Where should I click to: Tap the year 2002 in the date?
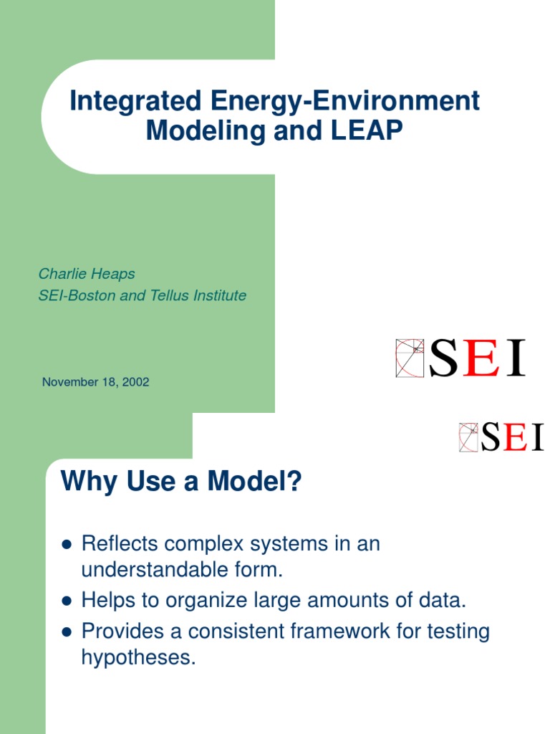[x=135, y=382]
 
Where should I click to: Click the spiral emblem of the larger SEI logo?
[x=410, y=358]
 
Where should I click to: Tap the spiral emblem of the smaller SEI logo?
[x=468, y=437]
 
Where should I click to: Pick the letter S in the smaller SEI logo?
[x=491, y=437]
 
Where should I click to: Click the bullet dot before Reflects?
[x=67, y=545]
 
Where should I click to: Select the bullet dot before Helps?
[x=67, y=600]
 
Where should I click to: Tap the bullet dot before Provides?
[x=67, y=632]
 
